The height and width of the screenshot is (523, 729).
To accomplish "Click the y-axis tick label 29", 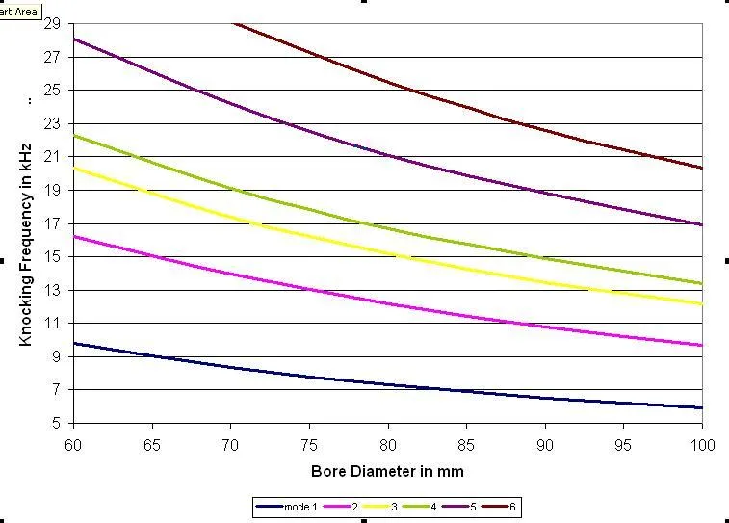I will (x=52, y=23).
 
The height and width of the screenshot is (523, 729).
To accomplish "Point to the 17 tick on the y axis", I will (x=52, y=223).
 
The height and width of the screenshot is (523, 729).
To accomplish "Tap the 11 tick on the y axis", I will (x=52, y=323).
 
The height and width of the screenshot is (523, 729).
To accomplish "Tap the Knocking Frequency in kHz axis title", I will (x=27, y=245).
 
